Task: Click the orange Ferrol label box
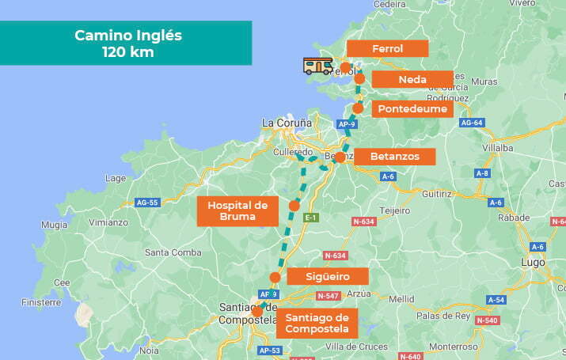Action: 387,48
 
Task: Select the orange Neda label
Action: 412,79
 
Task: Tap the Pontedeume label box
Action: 412,108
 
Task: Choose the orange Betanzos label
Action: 394,157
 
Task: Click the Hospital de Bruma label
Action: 237,211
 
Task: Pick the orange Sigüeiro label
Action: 328,276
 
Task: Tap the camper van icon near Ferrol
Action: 318,66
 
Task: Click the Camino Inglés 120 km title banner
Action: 127,44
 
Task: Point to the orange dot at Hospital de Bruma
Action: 294,206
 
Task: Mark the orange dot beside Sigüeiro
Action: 275,277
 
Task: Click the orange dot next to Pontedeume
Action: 358,108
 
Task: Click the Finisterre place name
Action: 42,302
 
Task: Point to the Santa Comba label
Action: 171,252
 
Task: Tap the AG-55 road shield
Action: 148,203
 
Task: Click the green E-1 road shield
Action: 311,218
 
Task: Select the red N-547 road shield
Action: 328,295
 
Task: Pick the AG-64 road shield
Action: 471,123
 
